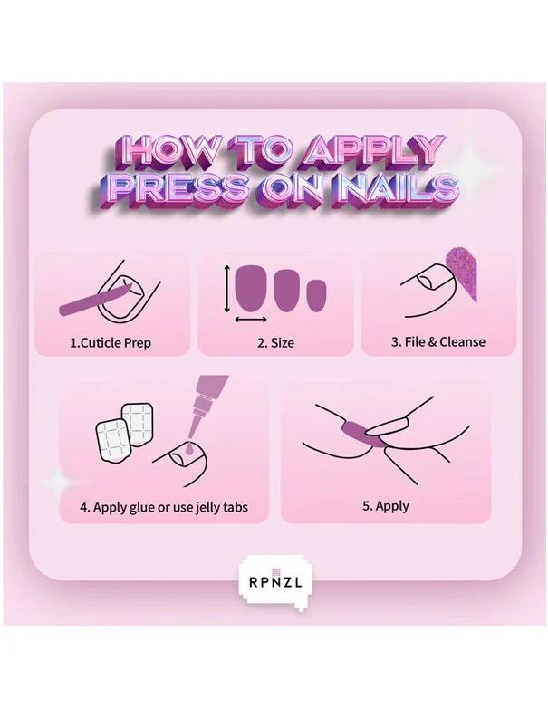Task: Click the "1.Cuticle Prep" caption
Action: tap(111, 343)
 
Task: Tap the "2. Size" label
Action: tap(275, 343)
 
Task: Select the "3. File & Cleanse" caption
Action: tap(437, 342)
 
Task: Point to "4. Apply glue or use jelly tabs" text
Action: tap(164, 507)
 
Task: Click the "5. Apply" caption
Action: tap(385, 506)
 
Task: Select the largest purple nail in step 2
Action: tap(251, 288)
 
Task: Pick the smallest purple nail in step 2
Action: tap(316, 294)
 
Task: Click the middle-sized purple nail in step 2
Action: tap(287, 291)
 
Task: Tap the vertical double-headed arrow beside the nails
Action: tap(226, 289)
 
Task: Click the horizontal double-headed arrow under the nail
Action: tap(251, 320)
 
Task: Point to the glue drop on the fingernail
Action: tap(188, 447)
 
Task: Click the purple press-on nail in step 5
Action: tap(360, 432)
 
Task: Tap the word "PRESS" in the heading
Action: tap(179, 188)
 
